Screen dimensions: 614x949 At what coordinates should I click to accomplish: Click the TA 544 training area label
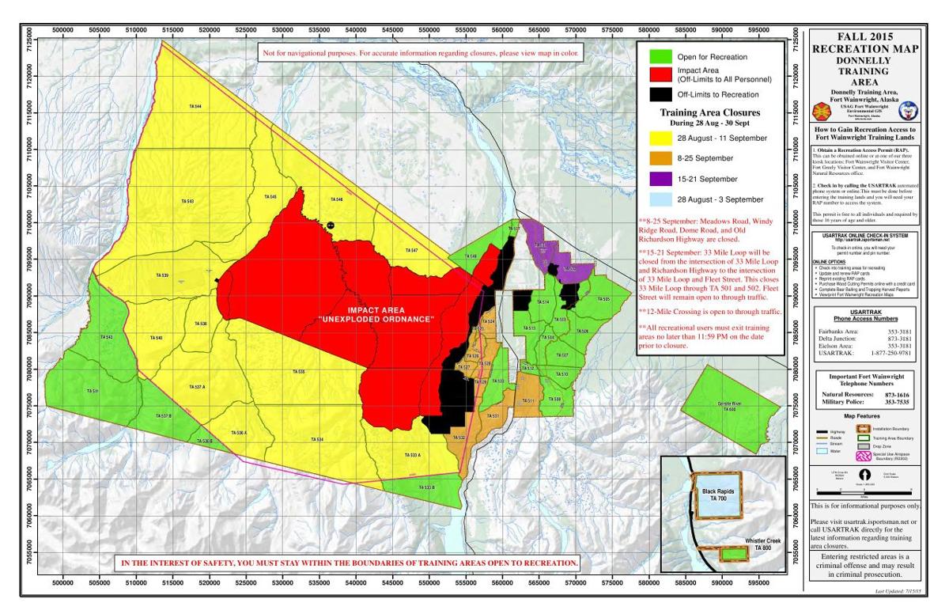click(x=194, y=107)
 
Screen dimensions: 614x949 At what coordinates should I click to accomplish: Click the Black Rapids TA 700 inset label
click(x=713, y=495)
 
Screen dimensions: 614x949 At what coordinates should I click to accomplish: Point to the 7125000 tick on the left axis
click(x=30, y=37)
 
